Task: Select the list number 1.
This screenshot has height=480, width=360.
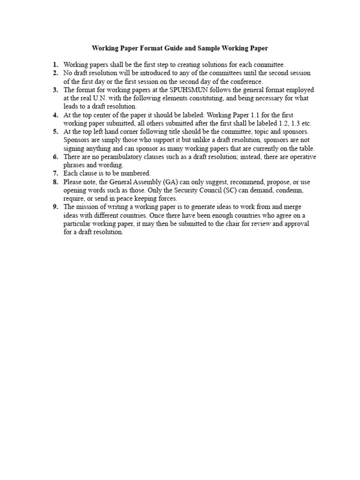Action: pyautogui.click(x=55, y=65)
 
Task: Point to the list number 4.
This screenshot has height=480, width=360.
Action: pyautogui.click(x=55, y=115)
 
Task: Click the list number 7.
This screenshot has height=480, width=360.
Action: pyautogui.click(x=55, y=173)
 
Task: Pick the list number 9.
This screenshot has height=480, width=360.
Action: pyautogui.click(x=55, y=207)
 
